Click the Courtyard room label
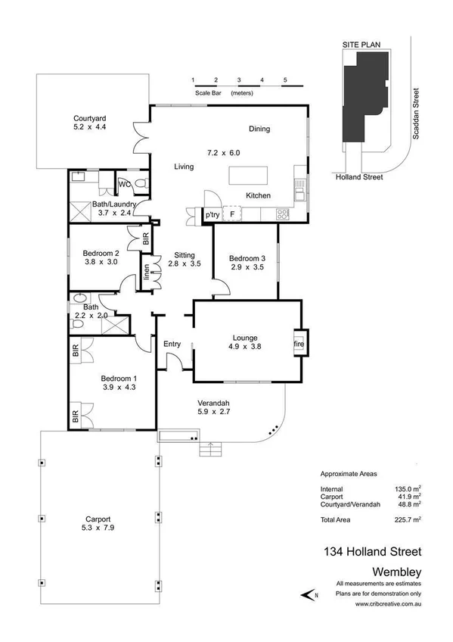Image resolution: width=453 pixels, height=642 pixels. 89,118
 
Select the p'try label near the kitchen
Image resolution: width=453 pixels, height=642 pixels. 213,216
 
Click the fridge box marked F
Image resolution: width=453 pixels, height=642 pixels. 232,215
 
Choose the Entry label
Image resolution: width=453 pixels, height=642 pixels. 172,344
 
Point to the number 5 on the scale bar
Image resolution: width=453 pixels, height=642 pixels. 285,79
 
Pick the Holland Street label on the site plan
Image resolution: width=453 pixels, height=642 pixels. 359,177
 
